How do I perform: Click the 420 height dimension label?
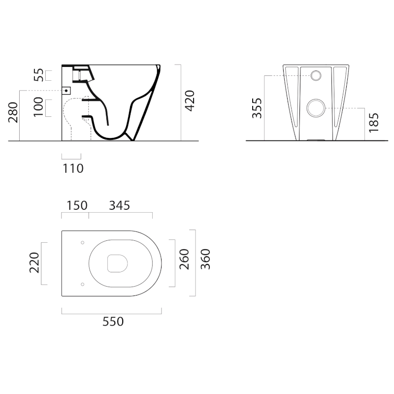pyautogui.click(x=190, y=101)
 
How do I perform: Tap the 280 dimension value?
pyautogui.click(x=13, y=112)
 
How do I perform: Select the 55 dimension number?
pyautogui.click(x=39, y=75)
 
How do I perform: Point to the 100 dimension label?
pyautogui.click(x=38, y=107)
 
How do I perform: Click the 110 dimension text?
pyautogui.click(x=73, y=168)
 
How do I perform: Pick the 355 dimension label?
pyautogui.click(x=257, y=108)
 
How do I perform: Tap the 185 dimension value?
pyautogui.click(x=374, y=123)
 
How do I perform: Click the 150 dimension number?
pyautogui.click(x=77, y=205)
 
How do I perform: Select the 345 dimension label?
pyautogui.click(x=120, y=205)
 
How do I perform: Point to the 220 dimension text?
pyautogui.click(x=34, y=263)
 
